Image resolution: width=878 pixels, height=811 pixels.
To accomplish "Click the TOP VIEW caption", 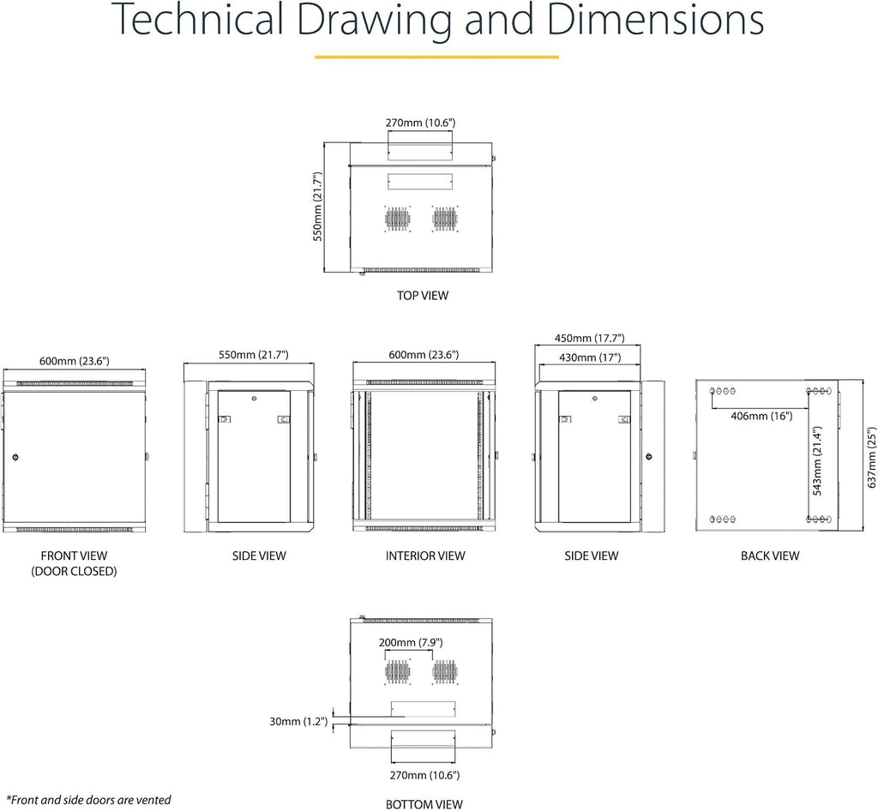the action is [423, 296].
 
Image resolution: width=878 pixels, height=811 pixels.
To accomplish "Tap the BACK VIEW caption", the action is [770, 556].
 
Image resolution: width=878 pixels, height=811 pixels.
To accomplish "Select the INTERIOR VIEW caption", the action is [425, 556].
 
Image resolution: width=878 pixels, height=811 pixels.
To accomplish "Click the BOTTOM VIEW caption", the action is [424, 804].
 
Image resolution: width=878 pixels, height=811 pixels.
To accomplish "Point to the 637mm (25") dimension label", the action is [871, 458].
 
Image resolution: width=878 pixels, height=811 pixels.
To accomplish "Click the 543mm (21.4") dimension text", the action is [817, 461].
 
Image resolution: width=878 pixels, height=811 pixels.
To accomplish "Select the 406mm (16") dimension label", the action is [761, 416].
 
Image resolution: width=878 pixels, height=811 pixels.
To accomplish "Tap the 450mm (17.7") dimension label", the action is [590, 338].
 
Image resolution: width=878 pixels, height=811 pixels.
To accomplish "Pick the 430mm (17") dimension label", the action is [590, 357].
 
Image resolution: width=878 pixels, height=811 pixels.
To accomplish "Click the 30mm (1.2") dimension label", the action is [298, 722].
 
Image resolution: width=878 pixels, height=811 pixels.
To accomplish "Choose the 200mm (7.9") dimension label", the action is [411, 642].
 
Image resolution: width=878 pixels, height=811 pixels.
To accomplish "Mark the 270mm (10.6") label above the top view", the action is [420, 123].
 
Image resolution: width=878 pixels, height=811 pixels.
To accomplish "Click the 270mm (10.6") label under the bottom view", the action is [424, 775].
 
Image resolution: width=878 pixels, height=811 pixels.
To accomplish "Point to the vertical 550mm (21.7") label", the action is [317, 207].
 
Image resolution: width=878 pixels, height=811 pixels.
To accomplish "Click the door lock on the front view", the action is [15, 457].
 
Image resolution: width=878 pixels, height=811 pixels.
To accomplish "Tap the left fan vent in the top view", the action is [398, 219].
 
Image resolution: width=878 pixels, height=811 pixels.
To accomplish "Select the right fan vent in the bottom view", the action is [445, 671].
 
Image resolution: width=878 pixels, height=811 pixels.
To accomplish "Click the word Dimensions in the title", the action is [655, 20].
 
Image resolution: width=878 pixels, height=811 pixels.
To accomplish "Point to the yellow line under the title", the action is [436, 57].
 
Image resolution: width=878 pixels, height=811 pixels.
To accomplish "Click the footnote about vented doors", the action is [88, 800].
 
